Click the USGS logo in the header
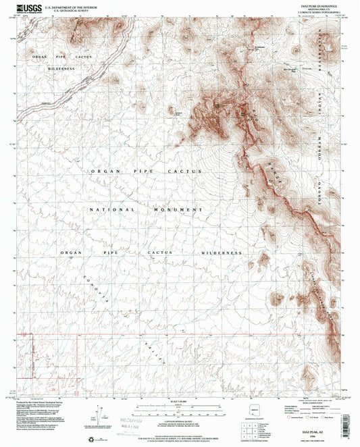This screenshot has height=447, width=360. [26, 8]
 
